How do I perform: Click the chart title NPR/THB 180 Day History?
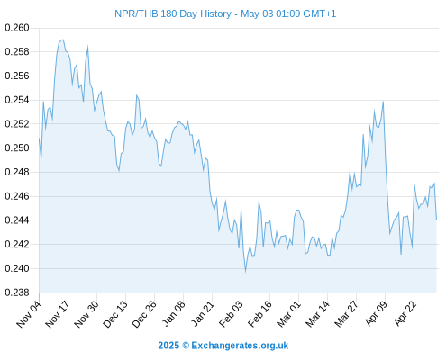coord(173,13)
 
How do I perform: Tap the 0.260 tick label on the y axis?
coord(17,28)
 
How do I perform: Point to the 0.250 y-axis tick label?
coord(17,148)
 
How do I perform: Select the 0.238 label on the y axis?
coord(17,292)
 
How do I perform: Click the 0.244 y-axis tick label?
coord(17,220)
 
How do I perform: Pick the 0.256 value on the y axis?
coord(17,76)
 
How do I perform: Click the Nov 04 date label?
coord(29,314)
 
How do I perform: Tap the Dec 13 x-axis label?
coord(115,314)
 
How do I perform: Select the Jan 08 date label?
coord(173,314)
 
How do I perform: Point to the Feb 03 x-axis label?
coord(231,314)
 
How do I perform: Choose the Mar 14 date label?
coord(317,314)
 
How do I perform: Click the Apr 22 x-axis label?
coord(405,314)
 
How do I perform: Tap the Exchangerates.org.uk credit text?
coord(240,346)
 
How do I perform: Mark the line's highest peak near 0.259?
coord(62,40)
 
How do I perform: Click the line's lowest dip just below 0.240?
coord(245,272)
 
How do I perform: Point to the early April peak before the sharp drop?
coord(383,102)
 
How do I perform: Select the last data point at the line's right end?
coord(436,220)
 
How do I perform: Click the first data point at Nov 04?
coord(39,139)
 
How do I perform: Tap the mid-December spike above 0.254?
coord(136,95)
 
